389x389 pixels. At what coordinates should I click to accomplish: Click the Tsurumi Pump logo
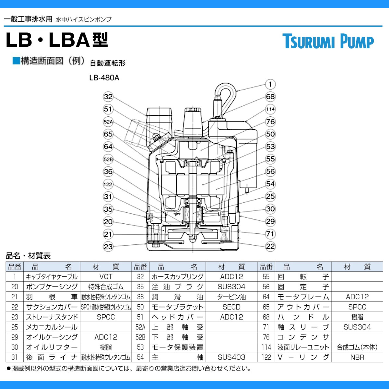click(328, 41)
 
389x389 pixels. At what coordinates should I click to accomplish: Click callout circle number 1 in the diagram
click(270, 84)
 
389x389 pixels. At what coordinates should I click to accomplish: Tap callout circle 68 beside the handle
click(270, 97)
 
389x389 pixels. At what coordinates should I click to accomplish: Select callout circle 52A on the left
click(108, 122)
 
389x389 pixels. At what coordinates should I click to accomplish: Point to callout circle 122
click(108, 184)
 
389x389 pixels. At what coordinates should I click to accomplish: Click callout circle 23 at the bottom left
click(108, 247)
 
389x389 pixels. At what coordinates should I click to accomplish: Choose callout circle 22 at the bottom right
click(270, 246)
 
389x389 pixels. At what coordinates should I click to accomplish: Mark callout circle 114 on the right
click(270, 109)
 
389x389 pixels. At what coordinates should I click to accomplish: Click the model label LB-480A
click(104, 78)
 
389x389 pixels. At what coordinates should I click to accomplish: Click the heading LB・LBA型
click(57, 40)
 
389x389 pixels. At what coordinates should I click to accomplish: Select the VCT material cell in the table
click(106, 277)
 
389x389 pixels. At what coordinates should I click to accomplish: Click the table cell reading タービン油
click(231, 297)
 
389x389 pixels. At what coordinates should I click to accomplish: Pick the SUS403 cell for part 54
click(231, 357)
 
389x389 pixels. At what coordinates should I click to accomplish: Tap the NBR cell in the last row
click(357, 357)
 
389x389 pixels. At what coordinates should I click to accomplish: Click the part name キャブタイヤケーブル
click(52, 277)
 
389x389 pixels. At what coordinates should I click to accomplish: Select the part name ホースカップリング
click(178, 277)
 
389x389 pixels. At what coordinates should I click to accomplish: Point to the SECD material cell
click(231, 307)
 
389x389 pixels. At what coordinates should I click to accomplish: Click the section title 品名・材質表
click(28, 256)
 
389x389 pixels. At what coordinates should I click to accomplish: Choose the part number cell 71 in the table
click(266, 327)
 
